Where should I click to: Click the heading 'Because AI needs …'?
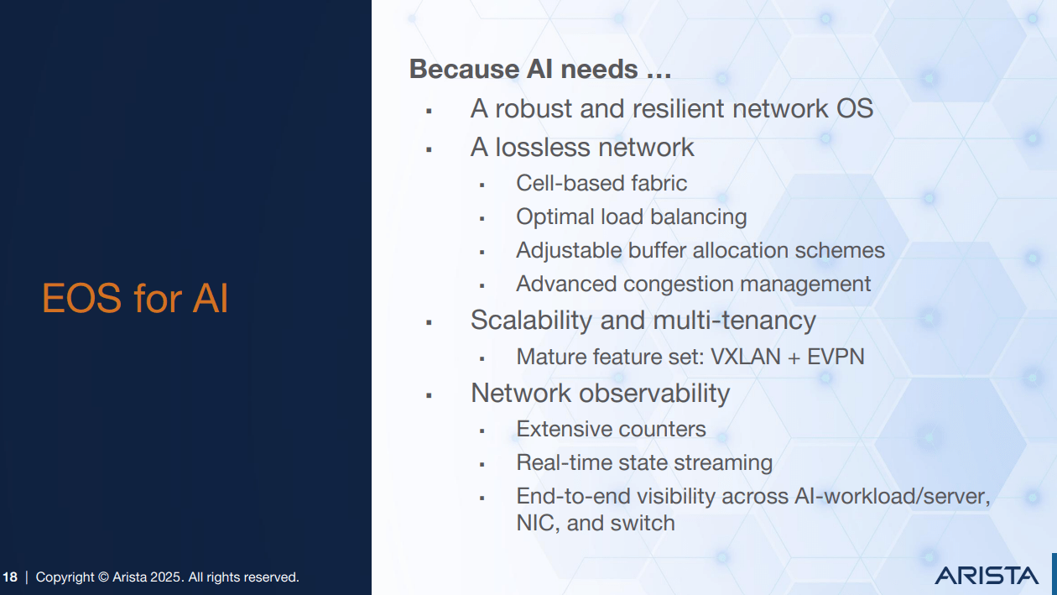click(x=539, y=69)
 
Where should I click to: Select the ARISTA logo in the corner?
click(x=987, y=576)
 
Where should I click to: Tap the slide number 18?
click(x=10, y=577)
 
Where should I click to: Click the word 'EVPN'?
click(x=836, y=357)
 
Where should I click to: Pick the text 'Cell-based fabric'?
click(x=601, y=183)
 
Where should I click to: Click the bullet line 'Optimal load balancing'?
click(x=631, y=217)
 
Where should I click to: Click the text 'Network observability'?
click(x=600, y=393)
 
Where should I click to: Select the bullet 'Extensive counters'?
click(x=611, y=429)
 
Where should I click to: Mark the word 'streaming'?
click(x=719, y=462)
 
